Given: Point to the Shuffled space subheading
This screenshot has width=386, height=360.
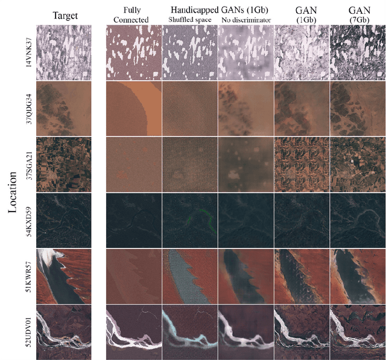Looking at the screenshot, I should [x=189, y=19].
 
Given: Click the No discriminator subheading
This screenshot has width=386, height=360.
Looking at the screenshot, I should [x=246, y=19].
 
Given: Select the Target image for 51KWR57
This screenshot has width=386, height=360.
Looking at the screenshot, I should [x=64, y=276].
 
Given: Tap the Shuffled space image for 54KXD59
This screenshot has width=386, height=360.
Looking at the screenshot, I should [x=189, y=220].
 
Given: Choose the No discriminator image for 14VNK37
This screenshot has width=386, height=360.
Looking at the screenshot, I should [x=245, y=53].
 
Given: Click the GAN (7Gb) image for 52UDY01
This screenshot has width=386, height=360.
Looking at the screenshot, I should [x=357, y=332].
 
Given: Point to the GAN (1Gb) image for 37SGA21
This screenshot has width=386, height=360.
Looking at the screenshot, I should [x=302, y=165].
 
